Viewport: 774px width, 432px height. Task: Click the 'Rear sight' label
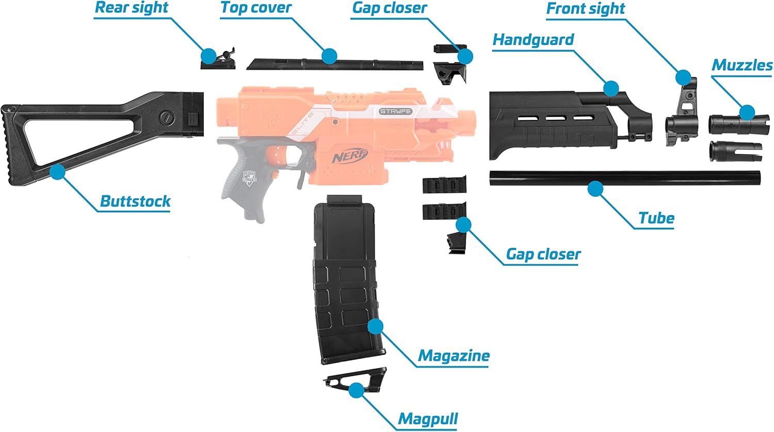pyautogui.click(x=132, y=8)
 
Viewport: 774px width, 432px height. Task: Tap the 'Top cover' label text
pyautogui.click(x=256, y=8)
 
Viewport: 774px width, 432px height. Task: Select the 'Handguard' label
pyautogui.click(x=533, y=40)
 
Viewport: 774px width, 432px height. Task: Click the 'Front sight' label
pyautogui.click(x=585, y=9)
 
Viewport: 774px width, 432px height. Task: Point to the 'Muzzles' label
pyautogui.click(x=742, y=65)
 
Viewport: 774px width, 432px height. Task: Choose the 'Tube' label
pyautogui.click(x=656, y=218)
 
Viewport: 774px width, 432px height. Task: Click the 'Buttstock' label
pyautogui.click(x=135, y=201)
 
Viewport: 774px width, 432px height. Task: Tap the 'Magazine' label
pyautogui.click(x=454, y=356)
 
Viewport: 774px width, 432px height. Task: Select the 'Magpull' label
pyautogui.click(x=428, y=419)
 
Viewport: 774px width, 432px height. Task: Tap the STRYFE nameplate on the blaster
pyautogui.click(x=395, y=111)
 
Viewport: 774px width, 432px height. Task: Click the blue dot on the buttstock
pyautogui.click(x=57, y=171)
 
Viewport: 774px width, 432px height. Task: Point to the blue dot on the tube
pyautogui.click(x=595, y=188)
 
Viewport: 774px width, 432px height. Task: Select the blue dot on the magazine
pyautogui.click(x=375, y=326)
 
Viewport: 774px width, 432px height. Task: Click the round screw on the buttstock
pyautogui.click(x=166, y=117)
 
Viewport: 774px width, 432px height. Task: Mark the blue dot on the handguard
pyautogui.click(x=611, y=88)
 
